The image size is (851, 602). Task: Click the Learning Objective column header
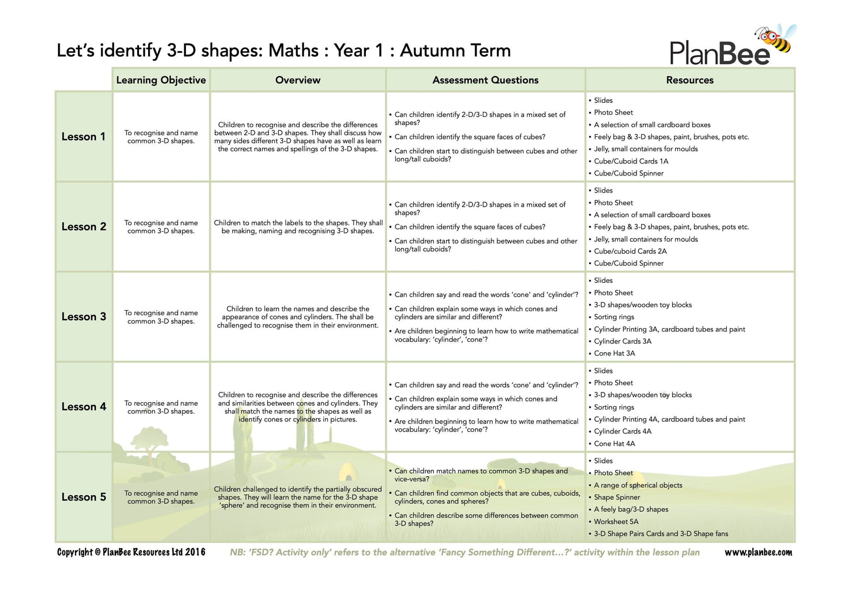(161, 80)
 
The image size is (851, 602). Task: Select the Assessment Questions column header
(485, 80)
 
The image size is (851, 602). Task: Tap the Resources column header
(689, 80)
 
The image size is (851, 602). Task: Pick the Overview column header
(298, 80)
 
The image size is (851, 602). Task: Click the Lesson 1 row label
(83, 137)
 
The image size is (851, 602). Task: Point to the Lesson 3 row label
(83, 317)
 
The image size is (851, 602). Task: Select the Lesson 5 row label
(83, 497)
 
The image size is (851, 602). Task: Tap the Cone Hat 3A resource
(614, 353)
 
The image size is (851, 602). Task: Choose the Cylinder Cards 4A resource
(622, 432)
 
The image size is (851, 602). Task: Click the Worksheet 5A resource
(616, 521)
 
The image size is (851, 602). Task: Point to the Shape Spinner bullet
(617, 498)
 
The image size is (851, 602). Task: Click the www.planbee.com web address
(758, 552)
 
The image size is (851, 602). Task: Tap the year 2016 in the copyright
(195, 552)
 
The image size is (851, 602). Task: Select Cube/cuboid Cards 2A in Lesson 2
(630, 251)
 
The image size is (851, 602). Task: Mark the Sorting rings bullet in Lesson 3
(614, 317)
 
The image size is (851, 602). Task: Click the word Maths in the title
(293, 51)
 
